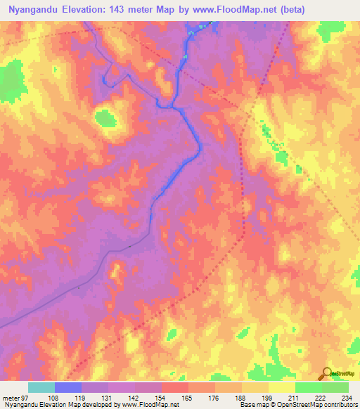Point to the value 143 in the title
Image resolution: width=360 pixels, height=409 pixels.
[132, 10]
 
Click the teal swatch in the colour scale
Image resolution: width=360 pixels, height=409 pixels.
[41, 387]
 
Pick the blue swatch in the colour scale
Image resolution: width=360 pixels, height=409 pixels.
[68, 387]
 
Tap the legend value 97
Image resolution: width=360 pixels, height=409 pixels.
[27, 398]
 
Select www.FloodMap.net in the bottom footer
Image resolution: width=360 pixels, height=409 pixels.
[150, 405]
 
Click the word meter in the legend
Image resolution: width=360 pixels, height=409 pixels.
[10, 398]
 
